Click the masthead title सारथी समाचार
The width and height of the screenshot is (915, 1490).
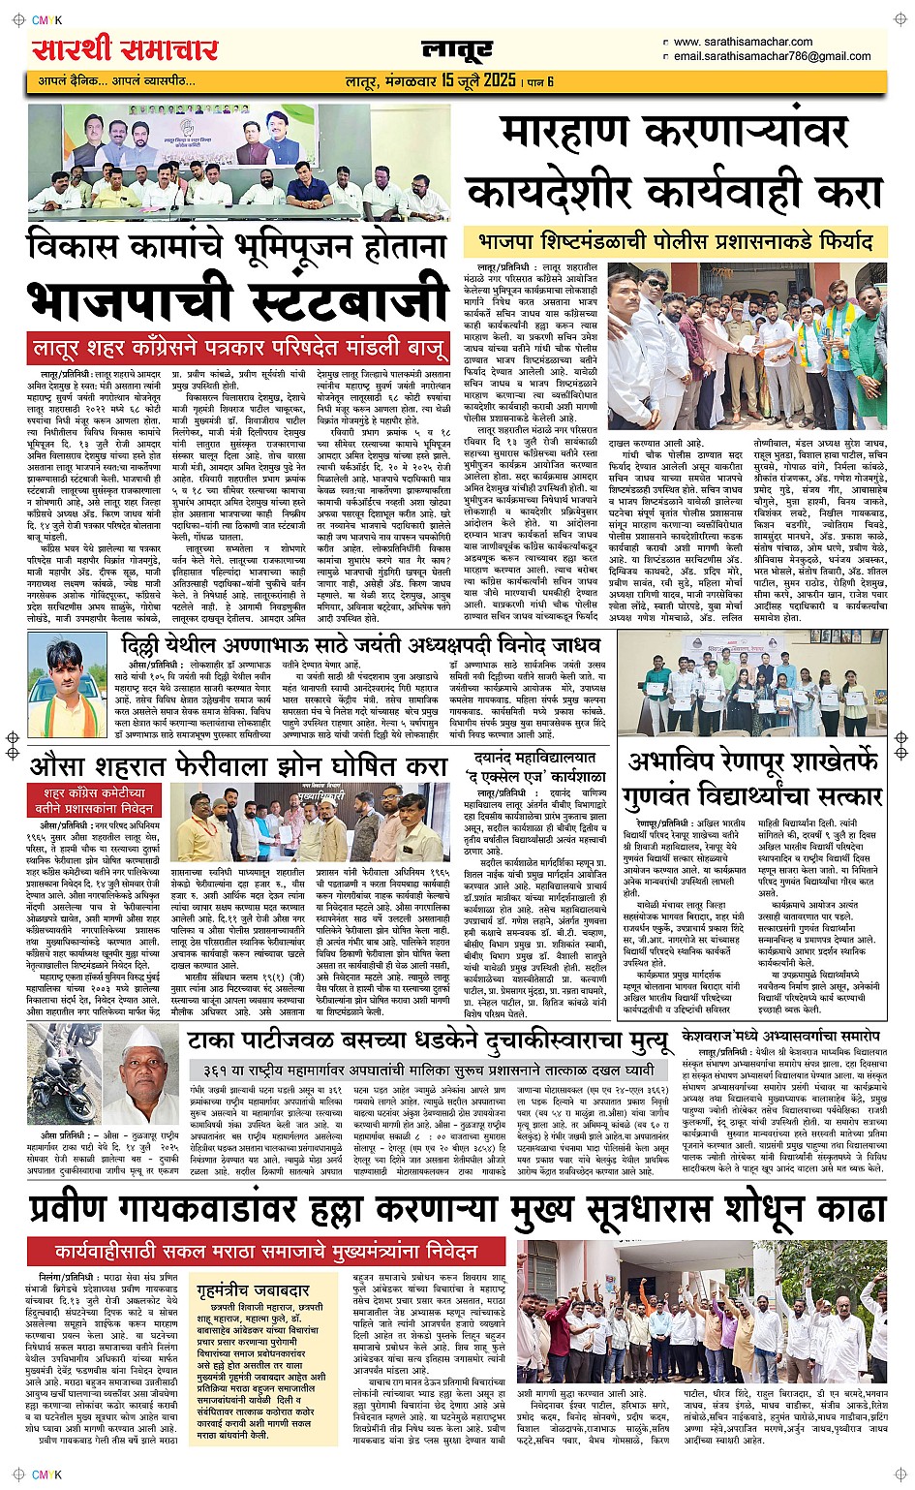point(125,47)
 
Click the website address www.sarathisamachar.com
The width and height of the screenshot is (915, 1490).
point(743,42)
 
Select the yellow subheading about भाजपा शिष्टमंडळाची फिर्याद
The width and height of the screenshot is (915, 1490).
point(676,240)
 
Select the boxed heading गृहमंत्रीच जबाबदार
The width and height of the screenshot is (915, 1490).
point(251,1290)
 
